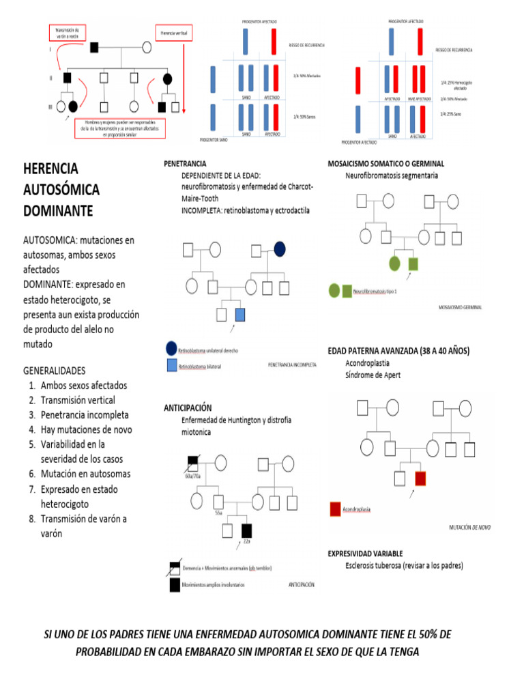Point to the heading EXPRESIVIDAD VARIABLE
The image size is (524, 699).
pyautogui.click(x=365, y=553)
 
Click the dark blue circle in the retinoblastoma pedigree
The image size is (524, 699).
pyautogui.click(x=280, y=250)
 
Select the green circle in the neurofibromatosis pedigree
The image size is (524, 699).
pyautogui.click(x=394, y=263)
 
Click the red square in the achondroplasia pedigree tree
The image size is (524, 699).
pyautogui.click(x=420, y=477)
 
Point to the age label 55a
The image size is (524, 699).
pyautogui.click(x=218, y=511)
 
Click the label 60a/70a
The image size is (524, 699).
pyautogui.click(x=194, y=476)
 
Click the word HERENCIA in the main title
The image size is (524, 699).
pyautogui.click(x=51, y=168)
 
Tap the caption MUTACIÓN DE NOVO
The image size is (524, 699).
pyautogui.click(x=469, y=528)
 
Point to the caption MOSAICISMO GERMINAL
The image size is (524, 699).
pyautogui.click(x=460, y=307)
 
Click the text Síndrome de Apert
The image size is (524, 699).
pyautogui.click(x=373, y=375)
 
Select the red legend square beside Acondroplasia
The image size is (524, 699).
pyautogui.click(x=335, y=509)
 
